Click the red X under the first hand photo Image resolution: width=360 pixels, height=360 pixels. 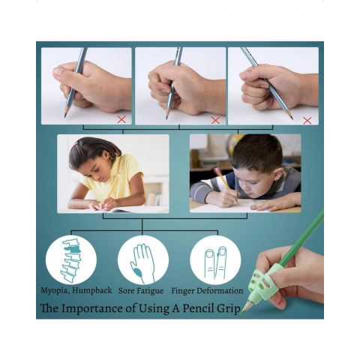coord(121,119)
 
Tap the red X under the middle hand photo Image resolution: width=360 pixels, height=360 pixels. coord(215,120)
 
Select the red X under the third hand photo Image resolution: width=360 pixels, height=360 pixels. coord(307,121)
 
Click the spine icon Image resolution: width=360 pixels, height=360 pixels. coord(70,260)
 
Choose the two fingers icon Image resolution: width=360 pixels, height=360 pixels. coord(215,262)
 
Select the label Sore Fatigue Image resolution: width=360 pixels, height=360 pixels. coord(141,291)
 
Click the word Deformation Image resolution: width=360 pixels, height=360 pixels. coord(220,291)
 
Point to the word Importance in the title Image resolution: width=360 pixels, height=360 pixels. coord(92,308)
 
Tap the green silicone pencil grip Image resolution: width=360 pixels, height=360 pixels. coord(264,283)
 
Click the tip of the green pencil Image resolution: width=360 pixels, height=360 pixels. coord(241,313)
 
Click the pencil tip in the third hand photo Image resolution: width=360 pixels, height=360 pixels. coord(292,118)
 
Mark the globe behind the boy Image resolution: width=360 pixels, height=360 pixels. coord(235,145)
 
